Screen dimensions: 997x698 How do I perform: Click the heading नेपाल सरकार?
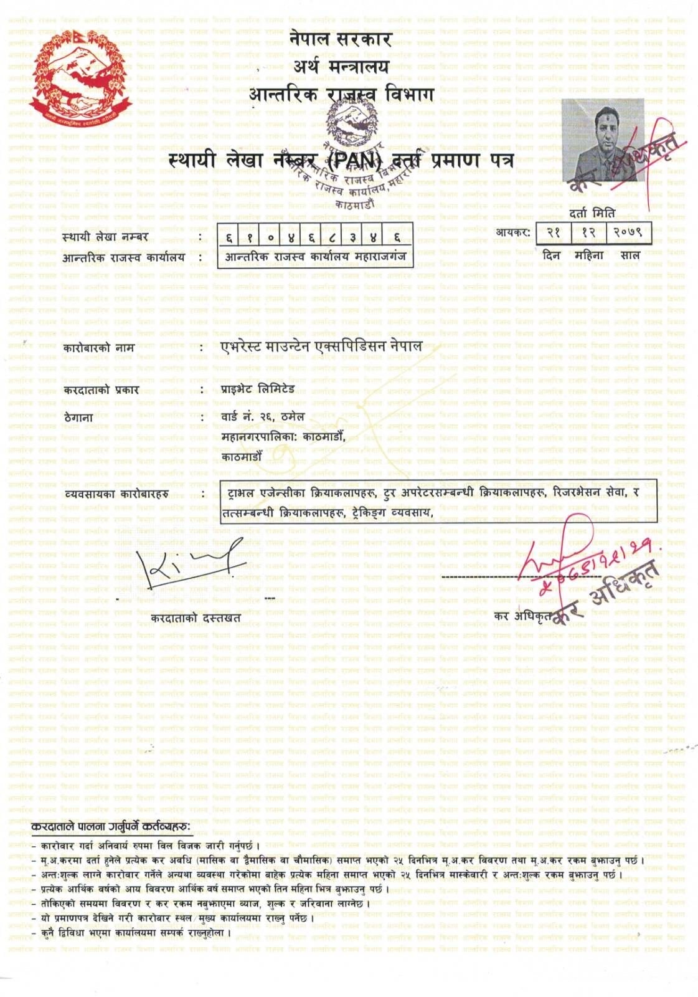[x=340, y=39]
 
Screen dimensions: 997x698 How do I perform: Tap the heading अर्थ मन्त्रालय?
[x=341, y=67]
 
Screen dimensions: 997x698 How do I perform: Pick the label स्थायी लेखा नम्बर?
[x=105, y=237]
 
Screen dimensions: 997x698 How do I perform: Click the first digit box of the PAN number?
[x=229, y=237]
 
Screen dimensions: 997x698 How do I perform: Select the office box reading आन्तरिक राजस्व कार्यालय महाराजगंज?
[x=315, y=257]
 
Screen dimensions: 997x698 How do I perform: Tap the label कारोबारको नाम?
[x=98, y=348]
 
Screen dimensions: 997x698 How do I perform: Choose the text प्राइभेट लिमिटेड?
[x=258, y=389]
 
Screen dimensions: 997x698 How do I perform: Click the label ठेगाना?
[x=78, y=417]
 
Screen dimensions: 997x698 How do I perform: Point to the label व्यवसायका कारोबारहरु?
[x=116, y=495]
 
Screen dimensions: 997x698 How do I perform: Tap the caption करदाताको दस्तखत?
[x=196, y=618]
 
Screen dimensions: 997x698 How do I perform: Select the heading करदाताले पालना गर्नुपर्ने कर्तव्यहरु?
[x=111, y=827]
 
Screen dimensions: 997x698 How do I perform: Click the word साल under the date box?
[x=630, y=255]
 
